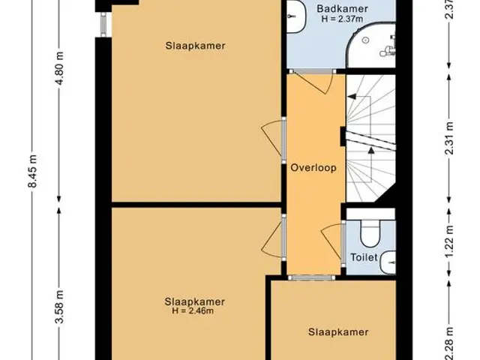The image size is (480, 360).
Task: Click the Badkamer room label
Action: pos(342,8)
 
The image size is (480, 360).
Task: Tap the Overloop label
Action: pos(313,168)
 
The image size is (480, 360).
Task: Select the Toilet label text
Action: pos(364,257)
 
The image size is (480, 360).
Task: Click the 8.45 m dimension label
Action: pos(32,171)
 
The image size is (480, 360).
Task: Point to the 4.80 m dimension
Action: pos(60,68)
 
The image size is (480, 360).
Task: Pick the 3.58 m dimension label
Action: pos(60,307)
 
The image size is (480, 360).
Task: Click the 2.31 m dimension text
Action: pos(449,138)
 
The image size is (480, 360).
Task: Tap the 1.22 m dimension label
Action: pos(449,241)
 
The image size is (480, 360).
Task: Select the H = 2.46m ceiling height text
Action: pos(193,311)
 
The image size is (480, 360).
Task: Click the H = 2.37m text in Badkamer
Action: pos(342,19)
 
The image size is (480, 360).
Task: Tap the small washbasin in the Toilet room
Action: pos(388,262)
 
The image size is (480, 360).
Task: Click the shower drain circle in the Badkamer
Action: pos(365,40)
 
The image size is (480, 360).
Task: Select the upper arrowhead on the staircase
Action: pos(352,97)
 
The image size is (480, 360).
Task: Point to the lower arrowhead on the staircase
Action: pos(370,150)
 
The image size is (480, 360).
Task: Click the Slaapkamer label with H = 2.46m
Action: pos(195,301)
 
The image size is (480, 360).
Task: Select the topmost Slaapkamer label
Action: pos(195,46)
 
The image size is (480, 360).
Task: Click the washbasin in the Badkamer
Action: pos(296,16)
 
